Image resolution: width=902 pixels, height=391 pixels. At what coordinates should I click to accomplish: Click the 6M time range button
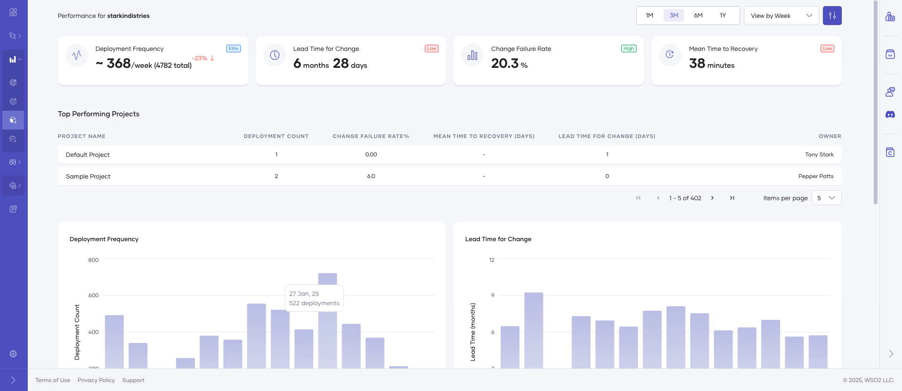(698, 16)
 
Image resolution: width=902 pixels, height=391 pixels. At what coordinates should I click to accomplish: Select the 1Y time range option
(723, 16)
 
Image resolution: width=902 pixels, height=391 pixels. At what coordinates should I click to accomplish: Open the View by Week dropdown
(781, 16)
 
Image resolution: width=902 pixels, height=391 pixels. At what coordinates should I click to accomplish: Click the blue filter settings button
(832, 16)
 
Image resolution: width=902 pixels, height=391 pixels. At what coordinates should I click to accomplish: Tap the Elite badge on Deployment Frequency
(233, 49)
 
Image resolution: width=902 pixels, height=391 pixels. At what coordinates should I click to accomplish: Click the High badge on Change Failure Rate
(629, 49)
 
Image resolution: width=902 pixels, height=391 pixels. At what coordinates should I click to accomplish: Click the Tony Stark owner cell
(819, 155)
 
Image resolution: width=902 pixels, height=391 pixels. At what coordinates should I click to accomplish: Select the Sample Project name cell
(88, 176)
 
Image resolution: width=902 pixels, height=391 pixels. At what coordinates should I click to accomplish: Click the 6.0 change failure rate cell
(371, 176)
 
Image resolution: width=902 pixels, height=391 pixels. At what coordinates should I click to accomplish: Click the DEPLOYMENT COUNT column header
(276, 136)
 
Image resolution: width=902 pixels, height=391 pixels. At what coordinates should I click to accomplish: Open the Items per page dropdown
(826, 198)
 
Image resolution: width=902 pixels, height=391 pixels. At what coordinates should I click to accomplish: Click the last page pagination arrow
(732, 198)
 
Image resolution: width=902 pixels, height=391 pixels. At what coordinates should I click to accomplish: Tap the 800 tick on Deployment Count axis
(93, 260)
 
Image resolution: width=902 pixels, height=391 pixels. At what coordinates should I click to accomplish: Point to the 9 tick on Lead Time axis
(493, 295)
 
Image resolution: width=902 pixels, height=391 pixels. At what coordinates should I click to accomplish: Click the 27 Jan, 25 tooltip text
(304, 293)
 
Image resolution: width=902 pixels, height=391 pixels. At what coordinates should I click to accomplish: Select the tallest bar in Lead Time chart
(534, 330)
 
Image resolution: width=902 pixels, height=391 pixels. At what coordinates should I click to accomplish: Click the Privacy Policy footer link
(96, 380)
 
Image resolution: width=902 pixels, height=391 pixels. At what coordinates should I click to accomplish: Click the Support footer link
(133, 380)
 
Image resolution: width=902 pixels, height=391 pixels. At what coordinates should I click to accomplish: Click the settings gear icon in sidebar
(13, 354)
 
